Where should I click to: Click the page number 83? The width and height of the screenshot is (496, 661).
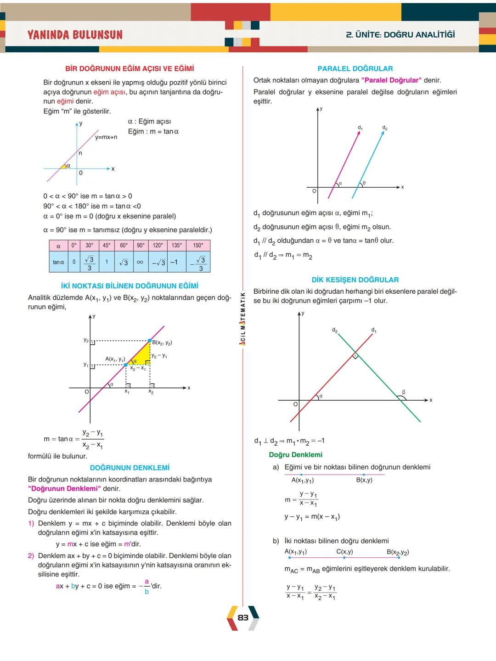click(x=243, y=617)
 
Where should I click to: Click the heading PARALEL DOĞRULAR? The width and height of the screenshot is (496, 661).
click(x=355, y=69)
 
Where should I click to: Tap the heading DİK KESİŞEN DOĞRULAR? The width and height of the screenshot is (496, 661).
click(x=355, y=280)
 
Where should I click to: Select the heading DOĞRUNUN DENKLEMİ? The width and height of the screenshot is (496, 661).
click(x=130, y=468)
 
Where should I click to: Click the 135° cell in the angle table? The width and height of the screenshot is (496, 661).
click(x=176, y=245)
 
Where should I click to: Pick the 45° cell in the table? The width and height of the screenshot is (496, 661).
click(x=107, y=245)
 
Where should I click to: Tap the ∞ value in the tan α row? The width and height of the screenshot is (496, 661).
click(x=140, y=263)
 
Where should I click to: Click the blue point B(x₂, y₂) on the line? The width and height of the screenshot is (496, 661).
click(x=149, y=341)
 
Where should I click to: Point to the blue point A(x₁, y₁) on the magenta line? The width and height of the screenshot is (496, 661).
click(x=126, y=365)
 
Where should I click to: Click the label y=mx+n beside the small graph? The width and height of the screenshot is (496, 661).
click(x=106, y=137)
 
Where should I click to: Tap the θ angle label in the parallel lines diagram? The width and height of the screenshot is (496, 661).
click(x=364, y=183)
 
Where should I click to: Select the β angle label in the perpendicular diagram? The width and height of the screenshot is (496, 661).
click(x=404, y=392)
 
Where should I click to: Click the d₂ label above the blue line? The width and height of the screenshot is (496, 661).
click(x=384, y=128)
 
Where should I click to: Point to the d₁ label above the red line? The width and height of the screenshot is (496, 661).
click(x=373, y=330)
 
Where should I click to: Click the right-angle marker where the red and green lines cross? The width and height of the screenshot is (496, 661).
click(x=355, y=356)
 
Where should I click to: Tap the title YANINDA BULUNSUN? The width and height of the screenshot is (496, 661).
click(x=75, y=35)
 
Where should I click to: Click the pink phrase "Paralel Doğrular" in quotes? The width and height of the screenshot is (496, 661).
click(x=391, y=80)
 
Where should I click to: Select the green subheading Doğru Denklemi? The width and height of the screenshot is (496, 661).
click(x=295, y=454)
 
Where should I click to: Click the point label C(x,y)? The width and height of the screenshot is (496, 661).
click(x=344, y=552)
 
